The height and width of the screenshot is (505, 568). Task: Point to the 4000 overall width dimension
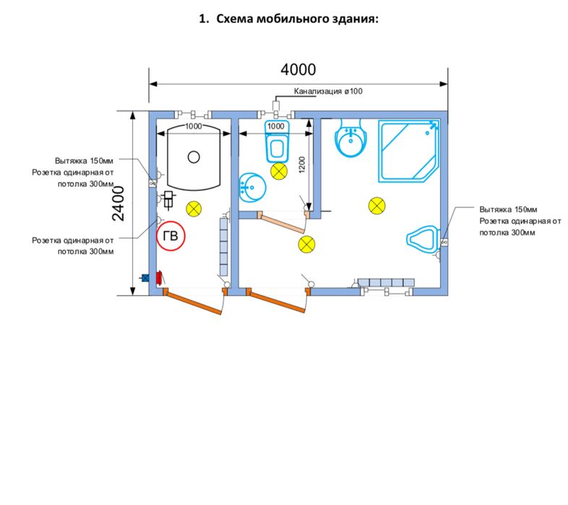pyautogui.click(x=298, y=70)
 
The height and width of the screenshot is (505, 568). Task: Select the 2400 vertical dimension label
pyautogui.click(x=119, y=203)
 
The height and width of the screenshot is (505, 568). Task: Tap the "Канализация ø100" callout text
pyautogui.click(x=327, y=91)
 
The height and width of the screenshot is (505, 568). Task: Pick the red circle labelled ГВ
pyautogui.click(x=171, y=236)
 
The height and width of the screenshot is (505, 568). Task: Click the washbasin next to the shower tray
pyautogui.click(x=353, y=139)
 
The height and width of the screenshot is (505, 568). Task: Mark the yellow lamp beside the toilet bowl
pyautogui.click(x=278, y=172)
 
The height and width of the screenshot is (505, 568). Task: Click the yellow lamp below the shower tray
pyautogui.click(x=376, y=205)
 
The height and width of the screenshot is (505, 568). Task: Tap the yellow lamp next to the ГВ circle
pyautogui.click(x=193, y=209)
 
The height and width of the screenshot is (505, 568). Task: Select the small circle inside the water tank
pyautogui.click(x=192, y=157)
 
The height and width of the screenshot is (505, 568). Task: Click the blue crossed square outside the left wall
pyautogui.click(x=145, y=277)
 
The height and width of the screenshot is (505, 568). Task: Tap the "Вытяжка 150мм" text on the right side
pyautogui.click(x=504, y=208)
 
